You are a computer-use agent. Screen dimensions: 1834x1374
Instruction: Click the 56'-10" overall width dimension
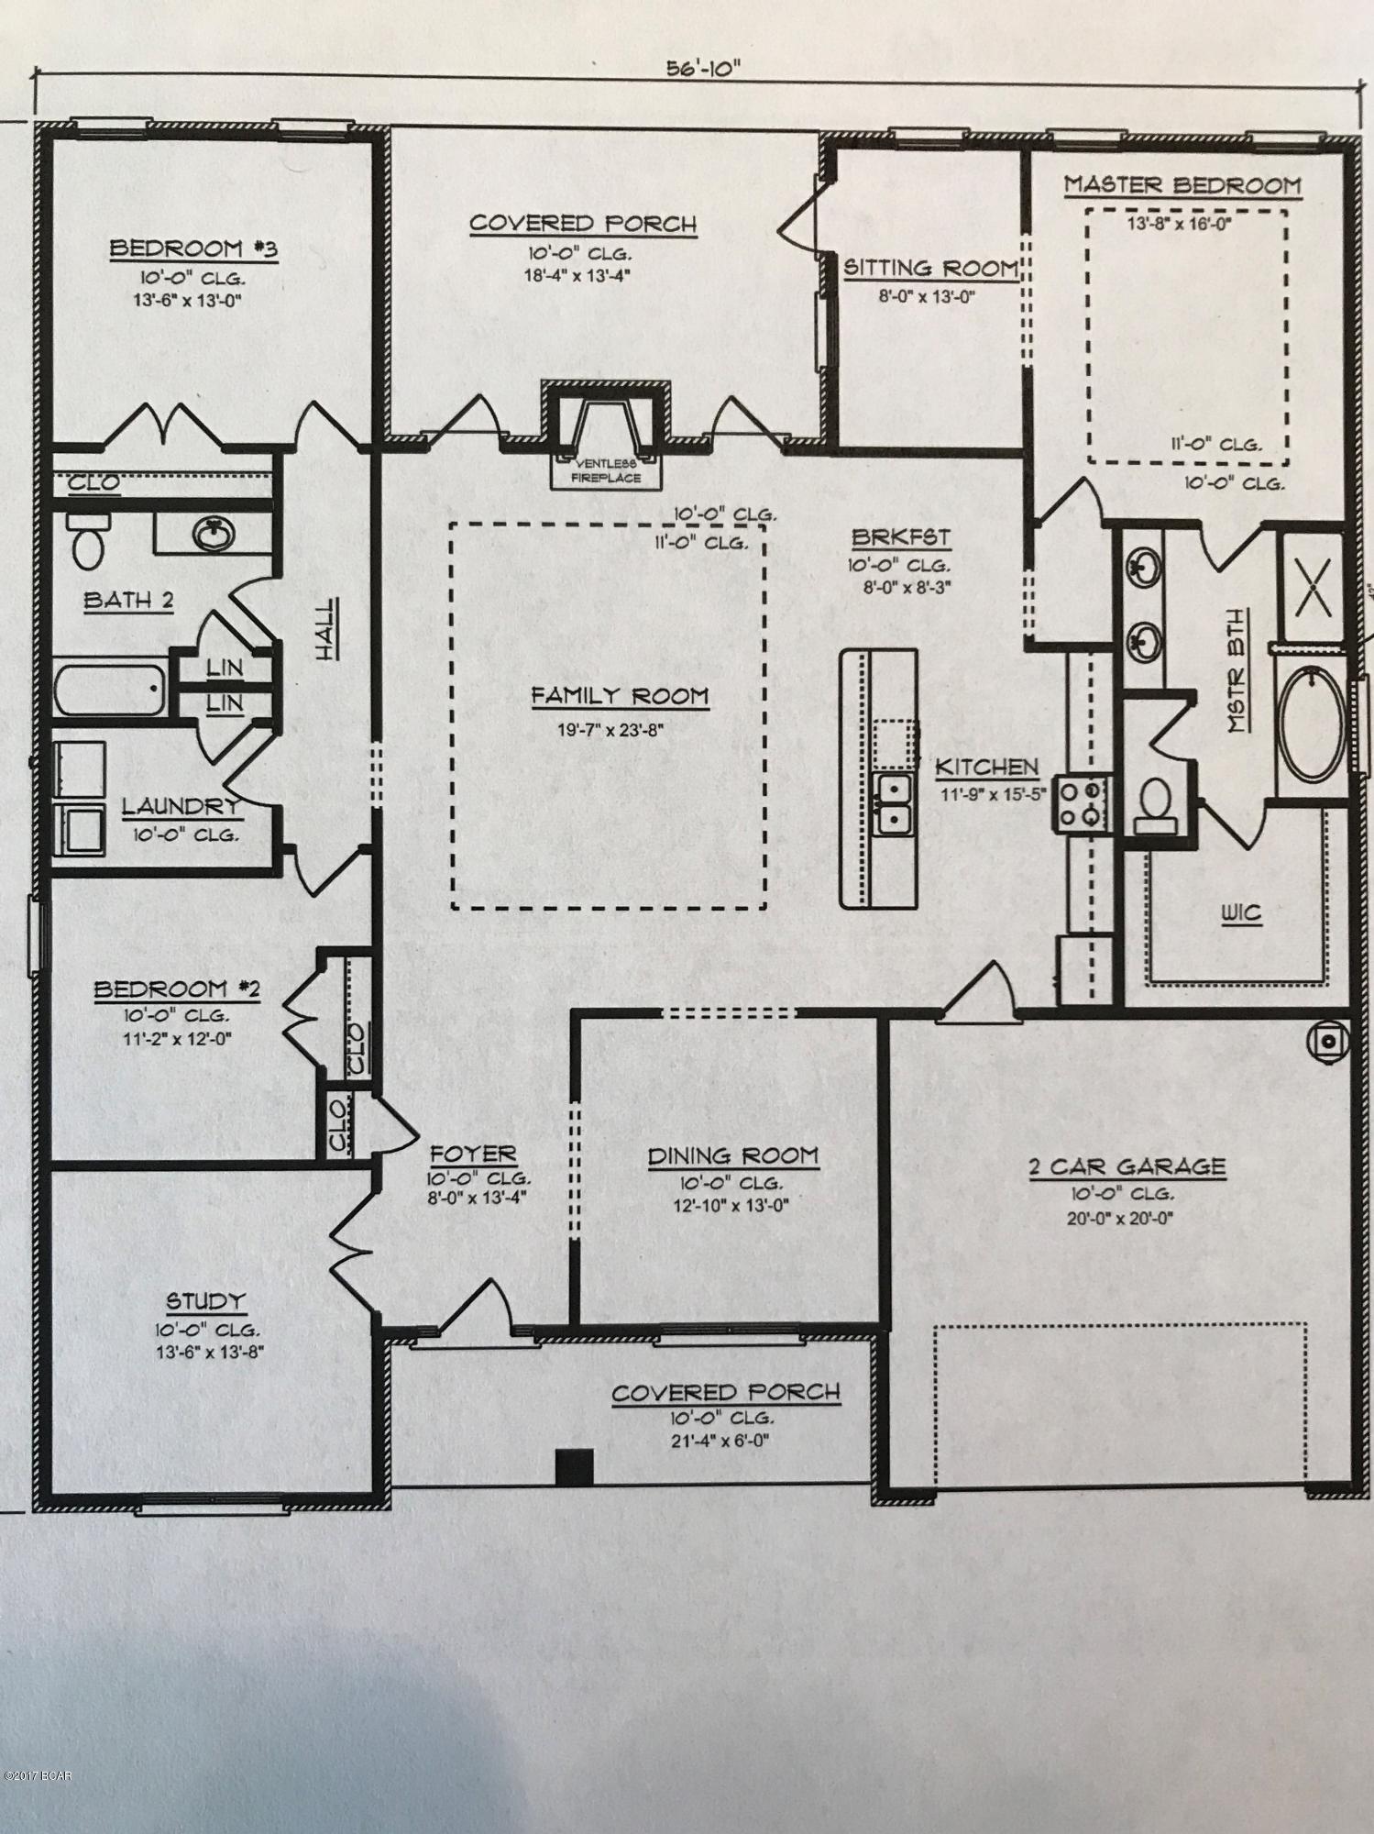coord(703,70)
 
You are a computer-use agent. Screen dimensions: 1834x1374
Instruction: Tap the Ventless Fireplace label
coord(606,470)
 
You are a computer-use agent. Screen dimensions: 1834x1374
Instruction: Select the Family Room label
coord(620,697)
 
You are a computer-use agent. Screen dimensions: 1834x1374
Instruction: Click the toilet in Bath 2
coord(88,542)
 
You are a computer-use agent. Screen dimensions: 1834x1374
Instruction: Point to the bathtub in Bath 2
coord(109,690)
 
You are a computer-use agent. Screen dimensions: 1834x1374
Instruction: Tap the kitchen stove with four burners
coord(1084,804)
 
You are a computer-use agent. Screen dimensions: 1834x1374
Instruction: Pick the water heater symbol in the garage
coord(1328,1041)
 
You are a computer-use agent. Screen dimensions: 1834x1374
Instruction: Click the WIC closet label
coord(1241,913)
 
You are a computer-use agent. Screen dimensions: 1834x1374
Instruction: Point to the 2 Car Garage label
coord(1126,1166)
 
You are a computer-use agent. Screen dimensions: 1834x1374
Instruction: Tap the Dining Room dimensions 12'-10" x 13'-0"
coord(731,1205)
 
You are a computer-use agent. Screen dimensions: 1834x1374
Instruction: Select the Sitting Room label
coord(929,269)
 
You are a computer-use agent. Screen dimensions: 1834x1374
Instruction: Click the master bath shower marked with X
coord(1312,587)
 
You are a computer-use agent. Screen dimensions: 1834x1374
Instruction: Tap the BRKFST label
coord(899,538)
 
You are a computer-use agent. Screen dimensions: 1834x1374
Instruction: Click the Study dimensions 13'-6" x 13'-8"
coord(205,1352)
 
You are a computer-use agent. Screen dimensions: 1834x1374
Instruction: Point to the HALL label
coord(326,628)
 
